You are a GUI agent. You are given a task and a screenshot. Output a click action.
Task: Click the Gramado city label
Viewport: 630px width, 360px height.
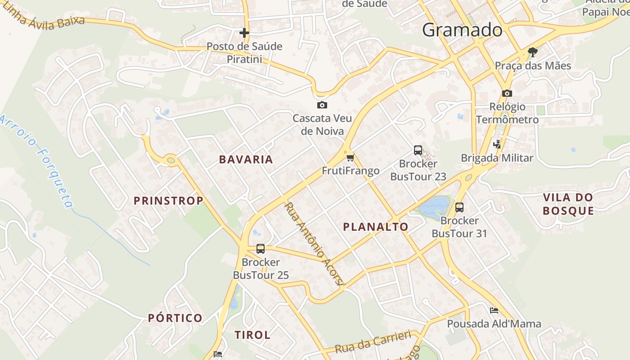462,30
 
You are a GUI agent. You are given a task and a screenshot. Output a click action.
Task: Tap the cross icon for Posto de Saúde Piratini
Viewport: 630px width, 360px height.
244,33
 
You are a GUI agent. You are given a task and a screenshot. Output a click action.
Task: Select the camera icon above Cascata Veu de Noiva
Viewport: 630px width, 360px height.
322,105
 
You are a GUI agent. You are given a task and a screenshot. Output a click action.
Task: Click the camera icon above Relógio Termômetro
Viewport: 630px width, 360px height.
507,93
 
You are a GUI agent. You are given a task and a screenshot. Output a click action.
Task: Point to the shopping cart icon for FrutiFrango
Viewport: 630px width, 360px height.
351,157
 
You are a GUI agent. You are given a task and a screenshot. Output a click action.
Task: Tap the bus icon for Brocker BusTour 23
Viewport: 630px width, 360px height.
418,150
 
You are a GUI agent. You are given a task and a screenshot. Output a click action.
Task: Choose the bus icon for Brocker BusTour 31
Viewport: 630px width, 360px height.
459,207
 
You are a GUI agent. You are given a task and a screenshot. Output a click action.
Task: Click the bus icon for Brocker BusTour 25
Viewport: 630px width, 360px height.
260,248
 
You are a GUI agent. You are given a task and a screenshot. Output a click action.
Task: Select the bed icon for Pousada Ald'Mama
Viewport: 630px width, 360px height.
494,310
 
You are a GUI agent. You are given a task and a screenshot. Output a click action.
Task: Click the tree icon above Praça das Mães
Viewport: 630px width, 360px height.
532,52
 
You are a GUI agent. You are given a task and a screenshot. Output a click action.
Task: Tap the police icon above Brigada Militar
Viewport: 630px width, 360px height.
497,144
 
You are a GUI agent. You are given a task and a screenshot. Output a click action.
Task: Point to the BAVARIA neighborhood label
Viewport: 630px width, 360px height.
246,159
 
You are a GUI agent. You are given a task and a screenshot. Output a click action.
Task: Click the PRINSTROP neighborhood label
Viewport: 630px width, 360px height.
168,201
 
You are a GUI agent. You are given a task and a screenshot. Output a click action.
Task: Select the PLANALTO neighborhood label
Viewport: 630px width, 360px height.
376,227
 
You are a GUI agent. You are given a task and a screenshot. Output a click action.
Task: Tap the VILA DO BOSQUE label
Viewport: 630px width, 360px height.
568,204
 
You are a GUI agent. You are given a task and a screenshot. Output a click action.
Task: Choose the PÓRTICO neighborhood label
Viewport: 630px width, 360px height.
175,318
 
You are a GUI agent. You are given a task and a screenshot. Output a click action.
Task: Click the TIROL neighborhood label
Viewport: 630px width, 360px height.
252,335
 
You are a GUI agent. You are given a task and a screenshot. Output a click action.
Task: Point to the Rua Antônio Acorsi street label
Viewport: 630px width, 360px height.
314,243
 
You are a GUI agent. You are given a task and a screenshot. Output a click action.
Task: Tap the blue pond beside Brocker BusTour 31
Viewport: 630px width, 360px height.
435,207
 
